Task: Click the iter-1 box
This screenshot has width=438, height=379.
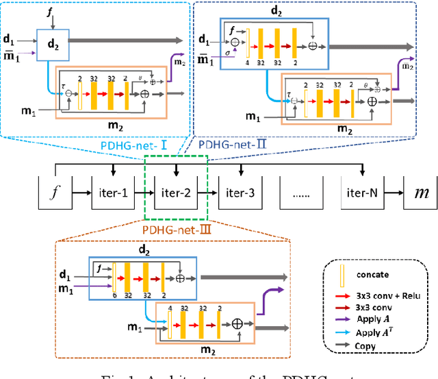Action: click(x=112, y=193)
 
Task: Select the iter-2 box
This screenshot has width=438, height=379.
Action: click(x=176, y=193)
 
